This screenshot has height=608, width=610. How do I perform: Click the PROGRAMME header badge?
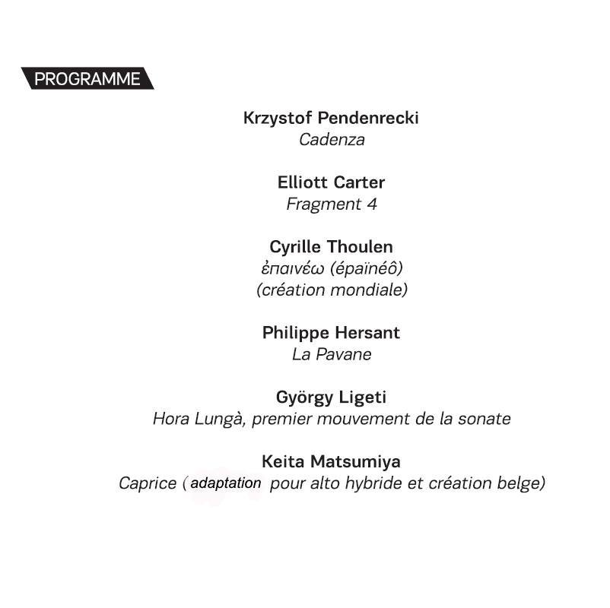tap(87, 79)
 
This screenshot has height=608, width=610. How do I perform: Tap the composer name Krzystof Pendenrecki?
tap(331, 119)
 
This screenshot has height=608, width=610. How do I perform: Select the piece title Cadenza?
tap(332, 140)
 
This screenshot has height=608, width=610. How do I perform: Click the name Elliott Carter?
tap(332, 183)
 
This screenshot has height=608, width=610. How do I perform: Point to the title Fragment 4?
tap(332, 204)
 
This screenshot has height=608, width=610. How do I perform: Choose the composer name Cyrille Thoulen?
tap(332, 248)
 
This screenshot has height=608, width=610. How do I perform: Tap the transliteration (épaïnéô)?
tap(367, 269)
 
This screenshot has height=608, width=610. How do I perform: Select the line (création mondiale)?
tap(332, 290)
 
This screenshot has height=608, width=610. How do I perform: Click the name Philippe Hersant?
tap(331, 334)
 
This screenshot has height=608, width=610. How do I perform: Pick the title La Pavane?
tap(332, 355)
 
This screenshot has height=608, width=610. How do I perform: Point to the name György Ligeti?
tap(332, 397)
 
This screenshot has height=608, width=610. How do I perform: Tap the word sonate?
tap(485, 419)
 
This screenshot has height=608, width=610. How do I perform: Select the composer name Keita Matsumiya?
tap(331, 462)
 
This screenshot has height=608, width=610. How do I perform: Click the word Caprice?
tap(148, 484)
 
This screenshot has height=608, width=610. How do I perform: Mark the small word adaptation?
tap(226, 483)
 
